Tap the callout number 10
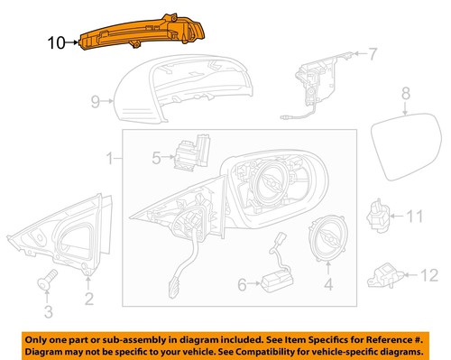click(56, 41)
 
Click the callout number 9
click(97, 103)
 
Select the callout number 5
click(156, 159)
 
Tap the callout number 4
click(327, 288)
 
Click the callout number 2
click(88, 299)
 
